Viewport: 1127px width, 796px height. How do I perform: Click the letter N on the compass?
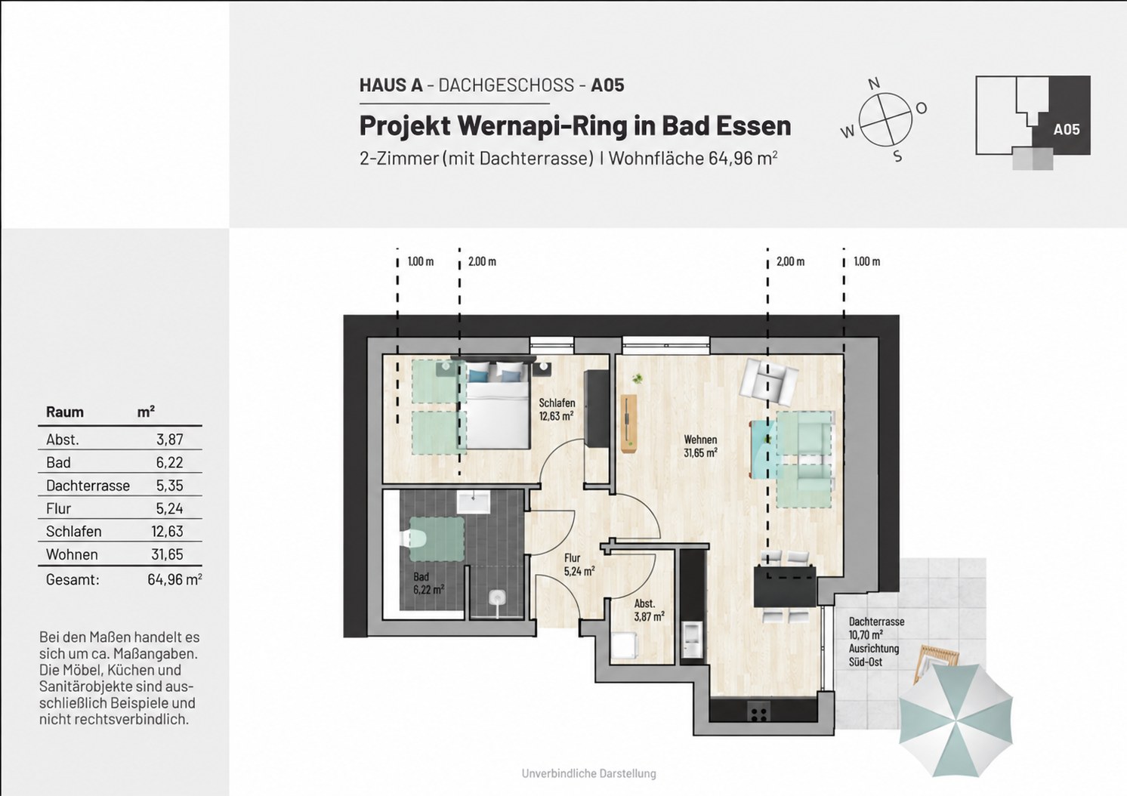pyautogui.click(x=875, y=84)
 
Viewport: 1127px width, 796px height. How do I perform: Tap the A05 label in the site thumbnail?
pyautogui.click(x=1067, y=130)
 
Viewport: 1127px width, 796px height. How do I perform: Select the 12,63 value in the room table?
pyautogui.click(x=167, y=532)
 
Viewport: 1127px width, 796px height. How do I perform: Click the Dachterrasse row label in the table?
pyautogui.click(x=88, y=486)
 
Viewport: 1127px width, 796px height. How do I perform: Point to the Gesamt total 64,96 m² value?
pyautogui.click(x=174, y=579)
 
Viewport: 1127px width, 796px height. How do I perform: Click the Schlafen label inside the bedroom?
pyautogui.click(x=557, y=403)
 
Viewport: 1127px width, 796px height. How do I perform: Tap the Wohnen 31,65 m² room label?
pyautogui.click(x=700, y=446)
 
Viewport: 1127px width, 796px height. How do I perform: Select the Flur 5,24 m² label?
pyautogui.click(x=579, y=565)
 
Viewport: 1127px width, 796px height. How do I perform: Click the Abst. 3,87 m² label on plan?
pyautogui.click(x=649, y=609)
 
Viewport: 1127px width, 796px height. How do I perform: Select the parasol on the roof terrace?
pyautogui.click(x=956, y=720)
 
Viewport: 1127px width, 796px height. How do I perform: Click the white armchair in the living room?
pyautogui.click(x=768, y=381)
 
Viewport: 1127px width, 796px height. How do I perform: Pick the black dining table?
pyautogui.click(x=785, y=586)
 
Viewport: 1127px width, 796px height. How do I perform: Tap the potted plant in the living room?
pyautogui.click(x=638, y=378)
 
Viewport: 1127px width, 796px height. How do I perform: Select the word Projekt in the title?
pyautogui.click(x=405, y=126)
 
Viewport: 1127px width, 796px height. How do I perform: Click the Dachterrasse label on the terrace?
pyautogui.click(x=876, y=622)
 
